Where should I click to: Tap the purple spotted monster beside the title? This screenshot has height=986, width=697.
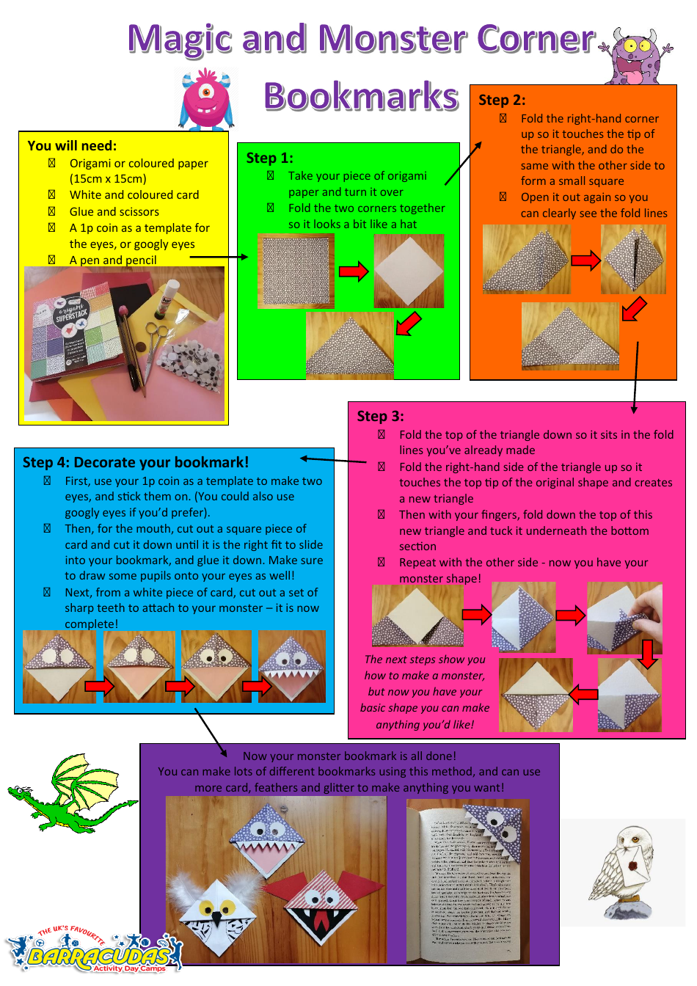[635, 56]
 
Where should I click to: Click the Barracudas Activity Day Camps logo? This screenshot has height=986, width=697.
[95, 954]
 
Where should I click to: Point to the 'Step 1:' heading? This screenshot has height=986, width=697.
[269, 158]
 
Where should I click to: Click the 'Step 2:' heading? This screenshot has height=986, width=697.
[502, 101]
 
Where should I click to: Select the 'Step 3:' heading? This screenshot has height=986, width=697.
[380, 416]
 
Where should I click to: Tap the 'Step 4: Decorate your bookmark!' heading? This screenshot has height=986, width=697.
[136, 462]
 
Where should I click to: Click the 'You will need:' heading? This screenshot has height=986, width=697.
[72, 146]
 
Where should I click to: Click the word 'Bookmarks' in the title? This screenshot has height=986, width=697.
[360, 96]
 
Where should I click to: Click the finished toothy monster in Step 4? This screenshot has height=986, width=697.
[292, 666]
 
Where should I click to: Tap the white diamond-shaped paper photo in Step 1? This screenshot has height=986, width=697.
[409, 271]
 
